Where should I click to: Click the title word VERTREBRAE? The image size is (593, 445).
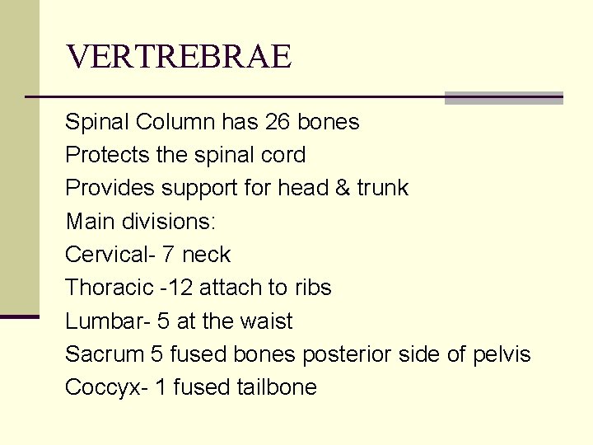[178, 57]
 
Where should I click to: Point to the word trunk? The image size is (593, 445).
[382, 189]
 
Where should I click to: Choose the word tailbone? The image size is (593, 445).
[277, 387]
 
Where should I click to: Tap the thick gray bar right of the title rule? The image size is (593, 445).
[503, 98]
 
